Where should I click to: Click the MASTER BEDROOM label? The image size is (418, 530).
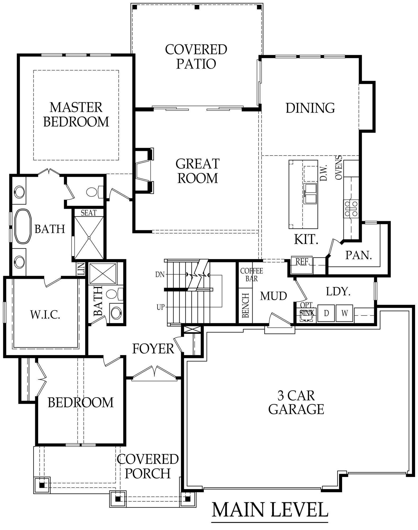[76, 114]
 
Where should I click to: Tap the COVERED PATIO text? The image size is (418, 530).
[196, 57]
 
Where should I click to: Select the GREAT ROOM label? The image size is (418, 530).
[198, 171]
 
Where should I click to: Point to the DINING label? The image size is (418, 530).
[310, 108]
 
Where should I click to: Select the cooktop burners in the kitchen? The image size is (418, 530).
[351, 209]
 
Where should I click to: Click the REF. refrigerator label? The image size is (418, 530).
[302, 262]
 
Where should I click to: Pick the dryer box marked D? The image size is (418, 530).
[326, 313]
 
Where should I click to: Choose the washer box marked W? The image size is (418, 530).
[344, 313]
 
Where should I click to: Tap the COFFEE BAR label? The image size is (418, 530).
[251, 275]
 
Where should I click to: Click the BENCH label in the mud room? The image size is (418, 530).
[246, 306]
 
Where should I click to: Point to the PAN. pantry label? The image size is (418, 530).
[359, 255]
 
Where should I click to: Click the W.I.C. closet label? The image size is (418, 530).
[45, 315]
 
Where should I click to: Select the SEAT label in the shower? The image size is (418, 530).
[89, 213]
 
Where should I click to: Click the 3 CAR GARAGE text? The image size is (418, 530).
[296, 403]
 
